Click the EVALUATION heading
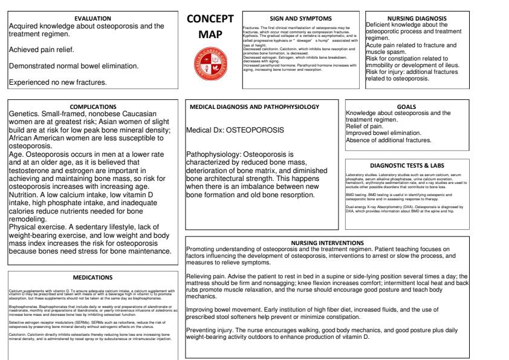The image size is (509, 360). pyautogui.click(x=92, y=19)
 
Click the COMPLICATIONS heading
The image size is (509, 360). pyautogui.click(x=93, y=106)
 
